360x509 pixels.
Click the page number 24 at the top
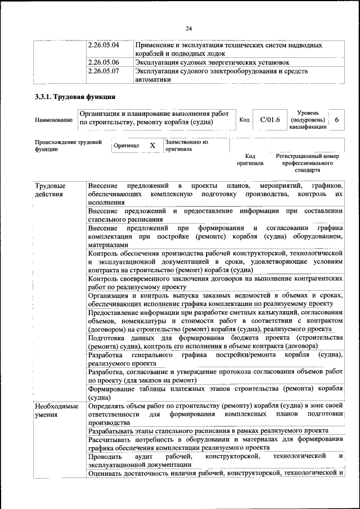pyautogui.click(x=188, y=29)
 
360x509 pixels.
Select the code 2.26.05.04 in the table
pyautogui.click(x=104, y=44)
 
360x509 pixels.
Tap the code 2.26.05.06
pyautogui.click(x=104, y=62)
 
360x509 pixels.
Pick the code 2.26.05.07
pyautogui.click(x=104, y=71)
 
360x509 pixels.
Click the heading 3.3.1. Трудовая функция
pyautogui.click(x=75, y=97)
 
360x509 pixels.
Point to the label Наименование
pyautogui.click(x=53, y=120)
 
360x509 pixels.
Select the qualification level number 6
pyautogui.click(x=336, y=120)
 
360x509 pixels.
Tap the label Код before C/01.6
pyautogui.click(x=244, y=120)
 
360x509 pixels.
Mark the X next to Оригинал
pyautogui.click(x=152, y=145)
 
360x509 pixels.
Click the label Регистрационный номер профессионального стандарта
pyautogui.click(x=307, y=163)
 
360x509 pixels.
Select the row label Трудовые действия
pyautogui.click(x=50, y=190)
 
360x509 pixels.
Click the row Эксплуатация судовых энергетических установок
pyautogui.click(x=212, y=62)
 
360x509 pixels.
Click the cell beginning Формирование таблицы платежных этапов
pyautogui.click(x=215, y=393)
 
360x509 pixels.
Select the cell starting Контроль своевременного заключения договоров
pyautogui.click(x=215, y=282)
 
